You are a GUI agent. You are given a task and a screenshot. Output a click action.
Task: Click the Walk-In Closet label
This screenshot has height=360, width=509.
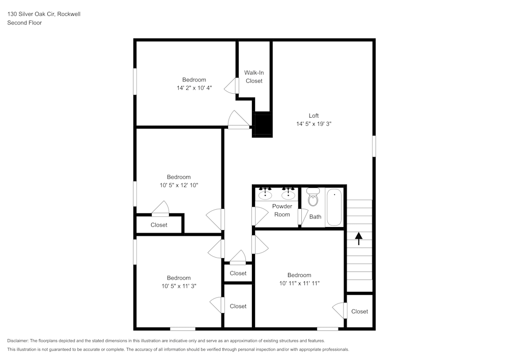pyautogui.click(x=254, y=77)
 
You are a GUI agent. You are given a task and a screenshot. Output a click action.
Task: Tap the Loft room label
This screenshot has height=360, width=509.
pyautogui.click(x=314, y=116)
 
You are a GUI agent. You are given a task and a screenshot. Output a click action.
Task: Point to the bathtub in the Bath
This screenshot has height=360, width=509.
pyautogui.click(x=334, y=207)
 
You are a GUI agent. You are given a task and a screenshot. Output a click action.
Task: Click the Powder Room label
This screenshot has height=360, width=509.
pyautogui.click(x=282, y=210)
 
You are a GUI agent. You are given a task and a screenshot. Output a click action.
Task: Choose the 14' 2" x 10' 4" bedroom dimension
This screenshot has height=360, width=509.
pyautogui.click(x=194, y=88)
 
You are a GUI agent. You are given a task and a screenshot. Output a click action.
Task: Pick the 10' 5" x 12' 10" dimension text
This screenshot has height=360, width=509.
pyautogui.click(x=179, y=185)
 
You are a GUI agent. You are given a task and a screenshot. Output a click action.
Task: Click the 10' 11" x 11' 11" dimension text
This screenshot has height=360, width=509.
pyautogui.click(x=299, y=283)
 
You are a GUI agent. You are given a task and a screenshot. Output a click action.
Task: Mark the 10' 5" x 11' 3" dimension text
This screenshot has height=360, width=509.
pyautogui.click(x=179, y=286)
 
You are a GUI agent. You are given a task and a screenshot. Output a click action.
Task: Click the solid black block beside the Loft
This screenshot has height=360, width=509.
pyautogui.click(x=263, y=124)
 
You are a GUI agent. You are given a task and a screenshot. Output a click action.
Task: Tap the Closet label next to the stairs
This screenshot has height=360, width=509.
pyautogui.click(x=359, y=312)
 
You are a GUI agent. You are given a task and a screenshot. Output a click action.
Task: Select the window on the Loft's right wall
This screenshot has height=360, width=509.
pyautogui.click(x=374, y=146)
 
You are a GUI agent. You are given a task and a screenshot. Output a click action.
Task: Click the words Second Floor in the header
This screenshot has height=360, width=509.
pyautogui.click(x=24, y=23)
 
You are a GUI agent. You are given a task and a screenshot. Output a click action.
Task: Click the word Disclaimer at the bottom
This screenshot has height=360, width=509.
pyautogui.click(x=18, y=341)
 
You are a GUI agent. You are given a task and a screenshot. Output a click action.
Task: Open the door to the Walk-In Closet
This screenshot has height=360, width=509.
pyautogui.click(x=236, y=86)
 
